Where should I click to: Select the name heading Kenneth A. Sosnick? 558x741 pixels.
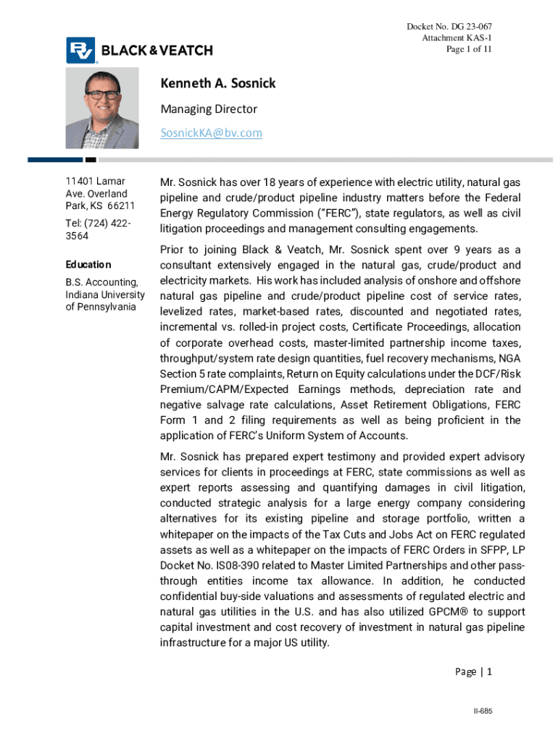[217, 84]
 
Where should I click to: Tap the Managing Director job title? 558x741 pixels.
[209, 109]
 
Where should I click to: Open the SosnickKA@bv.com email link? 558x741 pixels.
[211, 133]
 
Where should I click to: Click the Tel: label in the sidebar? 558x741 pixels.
[75, 223]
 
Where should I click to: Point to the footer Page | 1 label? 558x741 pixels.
[473, 672]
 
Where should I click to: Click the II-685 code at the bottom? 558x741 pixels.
[483, 711]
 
